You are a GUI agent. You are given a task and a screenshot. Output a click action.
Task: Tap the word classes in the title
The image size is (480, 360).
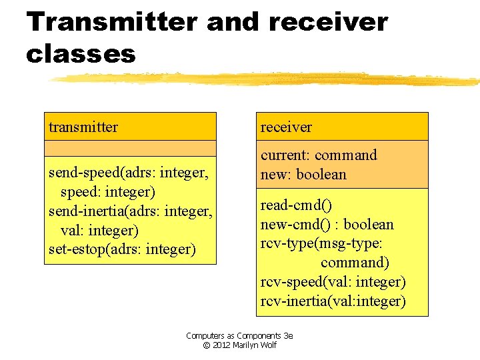[80, 53]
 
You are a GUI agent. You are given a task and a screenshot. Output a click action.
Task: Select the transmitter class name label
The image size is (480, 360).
[83, 127]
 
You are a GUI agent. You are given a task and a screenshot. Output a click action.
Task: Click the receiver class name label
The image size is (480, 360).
[286, 127]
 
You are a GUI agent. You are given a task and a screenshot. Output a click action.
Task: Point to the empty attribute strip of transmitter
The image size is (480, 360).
[130, 148]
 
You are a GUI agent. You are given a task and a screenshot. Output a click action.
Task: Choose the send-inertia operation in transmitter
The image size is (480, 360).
[131, 212]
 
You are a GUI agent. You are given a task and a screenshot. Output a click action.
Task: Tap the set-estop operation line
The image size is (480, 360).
[122, 250]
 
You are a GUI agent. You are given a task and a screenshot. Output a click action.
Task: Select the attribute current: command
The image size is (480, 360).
[319, 155]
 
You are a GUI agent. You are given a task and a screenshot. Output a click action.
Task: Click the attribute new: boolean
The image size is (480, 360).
[303, 174]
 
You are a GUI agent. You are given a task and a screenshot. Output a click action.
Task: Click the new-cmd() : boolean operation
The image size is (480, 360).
[327, 225]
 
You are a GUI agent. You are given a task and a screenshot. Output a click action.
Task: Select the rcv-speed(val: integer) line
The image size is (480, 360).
[333, 282]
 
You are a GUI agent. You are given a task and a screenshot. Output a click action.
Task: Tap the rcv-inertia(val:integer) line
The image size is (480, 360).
[333, 301]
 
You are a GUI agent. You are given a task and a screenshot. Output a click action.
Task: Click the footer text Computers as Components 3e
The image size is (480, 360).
[239, 336]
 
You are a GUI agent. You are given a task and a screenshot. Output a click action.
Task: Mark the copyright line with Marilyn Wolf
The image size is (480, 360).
[239, 345]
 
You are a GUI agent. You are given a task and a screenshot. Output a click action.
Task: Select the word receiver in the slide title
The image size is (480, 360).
[327, 22]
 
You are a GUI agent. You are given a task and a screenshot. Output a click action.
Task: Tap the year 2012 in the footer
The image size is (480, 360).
[221, 345]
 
